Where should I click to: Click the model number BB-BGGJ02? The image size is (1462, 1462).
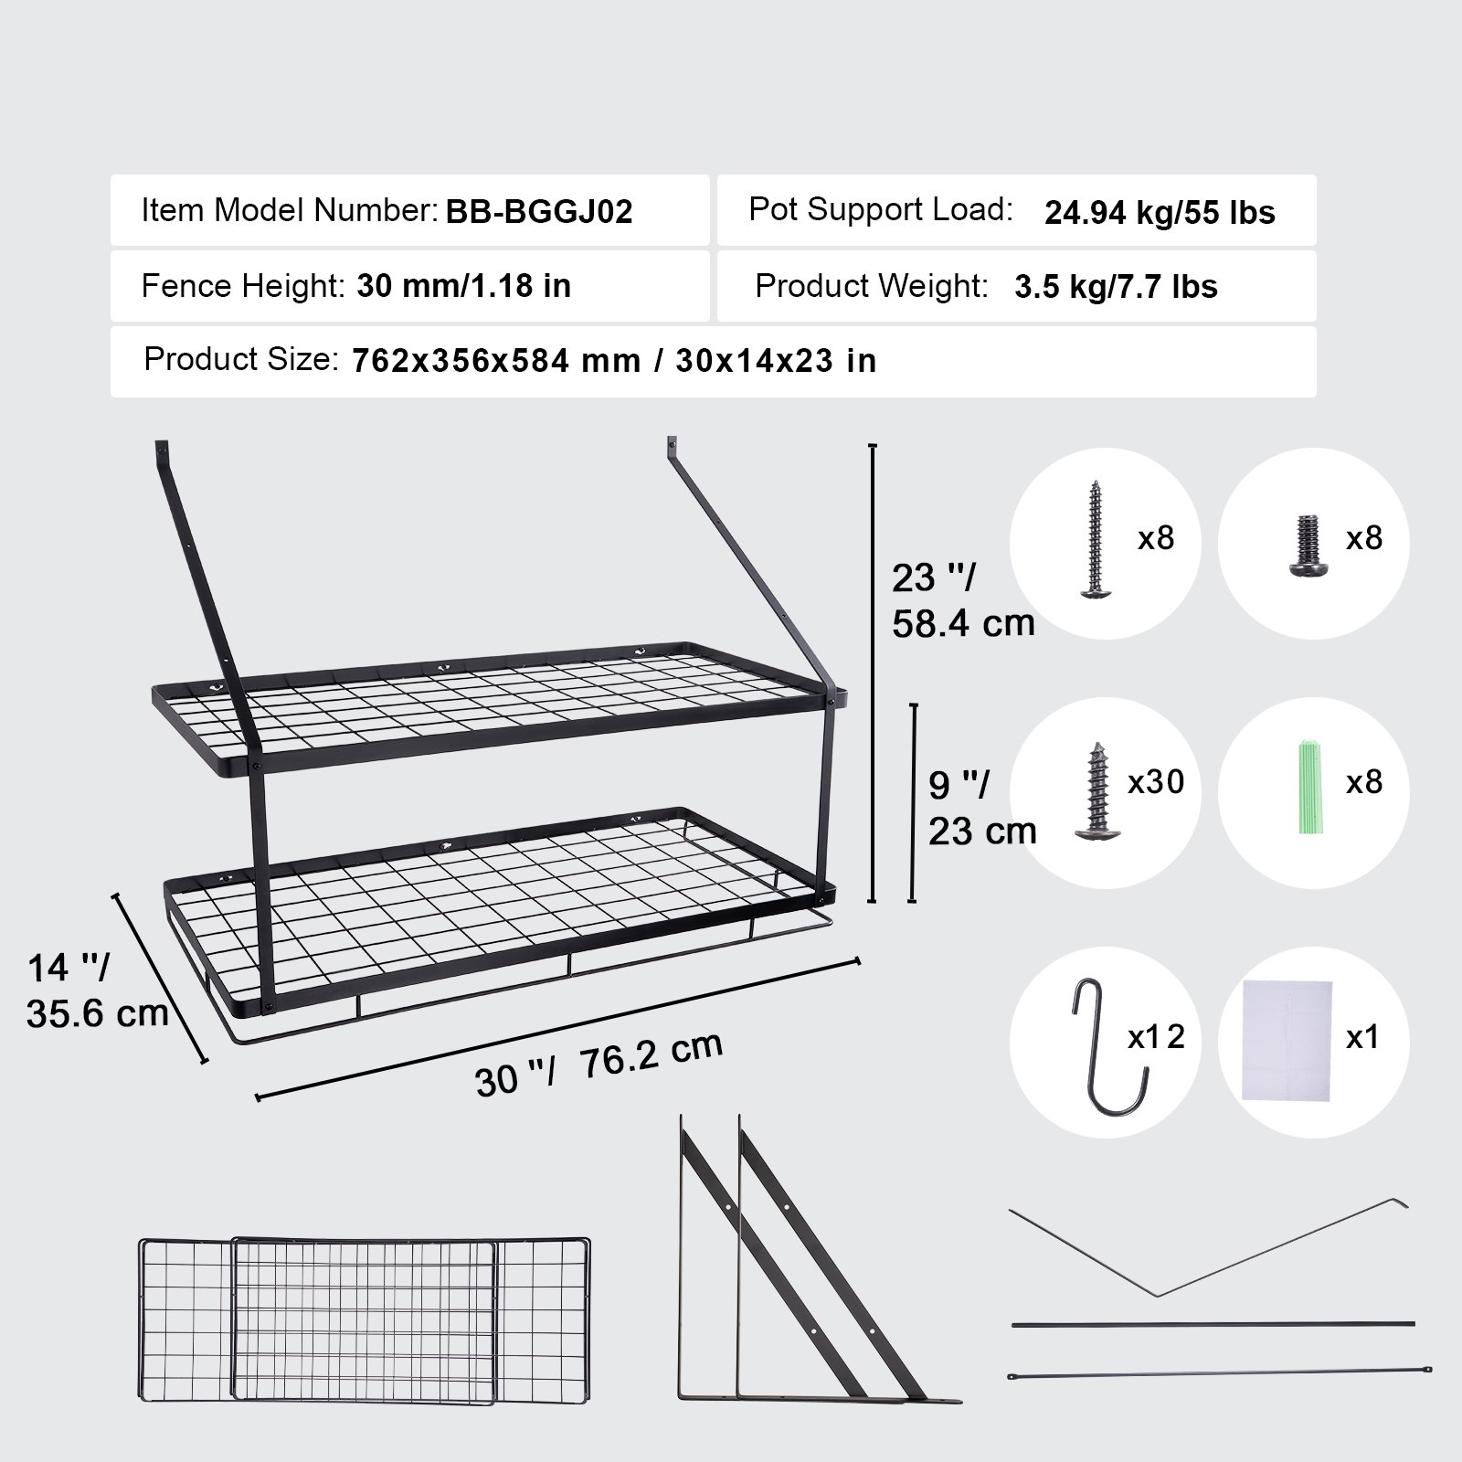539,212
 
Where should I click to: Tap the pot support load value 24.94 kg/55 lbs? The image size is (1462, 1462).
1160,213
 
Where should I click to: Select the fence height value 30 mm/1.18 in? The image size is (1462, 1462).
463,286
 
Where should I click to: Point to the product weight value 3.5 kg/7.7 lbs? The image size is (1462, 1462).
1116,287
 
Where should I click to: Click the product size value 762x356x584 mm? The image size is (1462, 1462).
496,361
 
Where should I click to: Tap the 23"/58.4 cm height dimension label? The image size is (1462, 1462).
961,600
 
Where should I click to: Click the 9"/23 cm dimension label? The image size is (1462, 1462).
981,808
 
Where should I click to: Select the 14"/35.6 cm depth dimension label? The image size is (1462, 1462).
96,991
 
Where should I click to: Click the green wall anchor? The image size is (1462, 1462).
1308,789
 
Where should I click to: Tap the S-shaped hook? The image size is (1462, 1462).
1107,1046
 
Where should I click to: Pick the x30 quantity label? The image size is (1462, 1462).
1156,782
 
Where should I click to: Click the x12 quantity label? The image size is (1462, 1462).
1156,1037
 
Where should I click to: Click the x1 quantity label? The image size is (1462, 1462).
1362,1037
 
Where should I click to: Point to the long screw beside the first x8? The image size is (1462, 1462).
1096,540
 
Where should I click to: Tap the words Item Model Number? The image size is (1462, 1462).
289,211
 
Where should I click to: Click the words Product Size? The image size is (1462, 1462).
241,359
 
